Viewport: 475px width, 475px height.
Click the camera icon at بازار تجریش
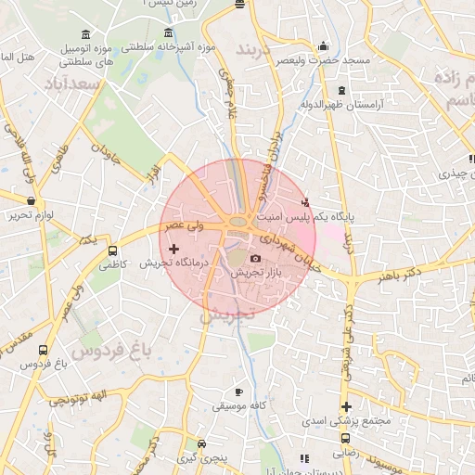point(255,259)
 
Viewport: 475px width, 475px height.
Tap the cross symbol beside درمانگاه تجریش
point(173,248)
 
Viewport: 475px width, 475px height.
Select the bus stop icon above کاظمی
point(113,250)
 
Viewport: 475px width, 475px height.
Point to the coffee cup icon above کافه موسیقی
point(240,392)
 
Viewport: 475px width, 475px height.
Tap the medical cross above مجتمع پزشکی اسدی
point(346,406)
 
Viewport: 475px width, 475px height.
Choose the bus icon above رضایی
point(344,437)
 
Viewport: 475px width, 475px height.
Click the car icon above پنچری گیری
point(201,444)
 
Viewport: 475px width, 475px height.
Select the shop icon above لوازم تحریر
point(32,200)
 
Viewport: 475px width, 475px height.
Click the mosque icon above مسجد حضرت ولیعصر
point(323,45)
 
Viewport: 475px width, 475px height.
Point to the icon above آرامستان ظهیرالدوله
point(342,90)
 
